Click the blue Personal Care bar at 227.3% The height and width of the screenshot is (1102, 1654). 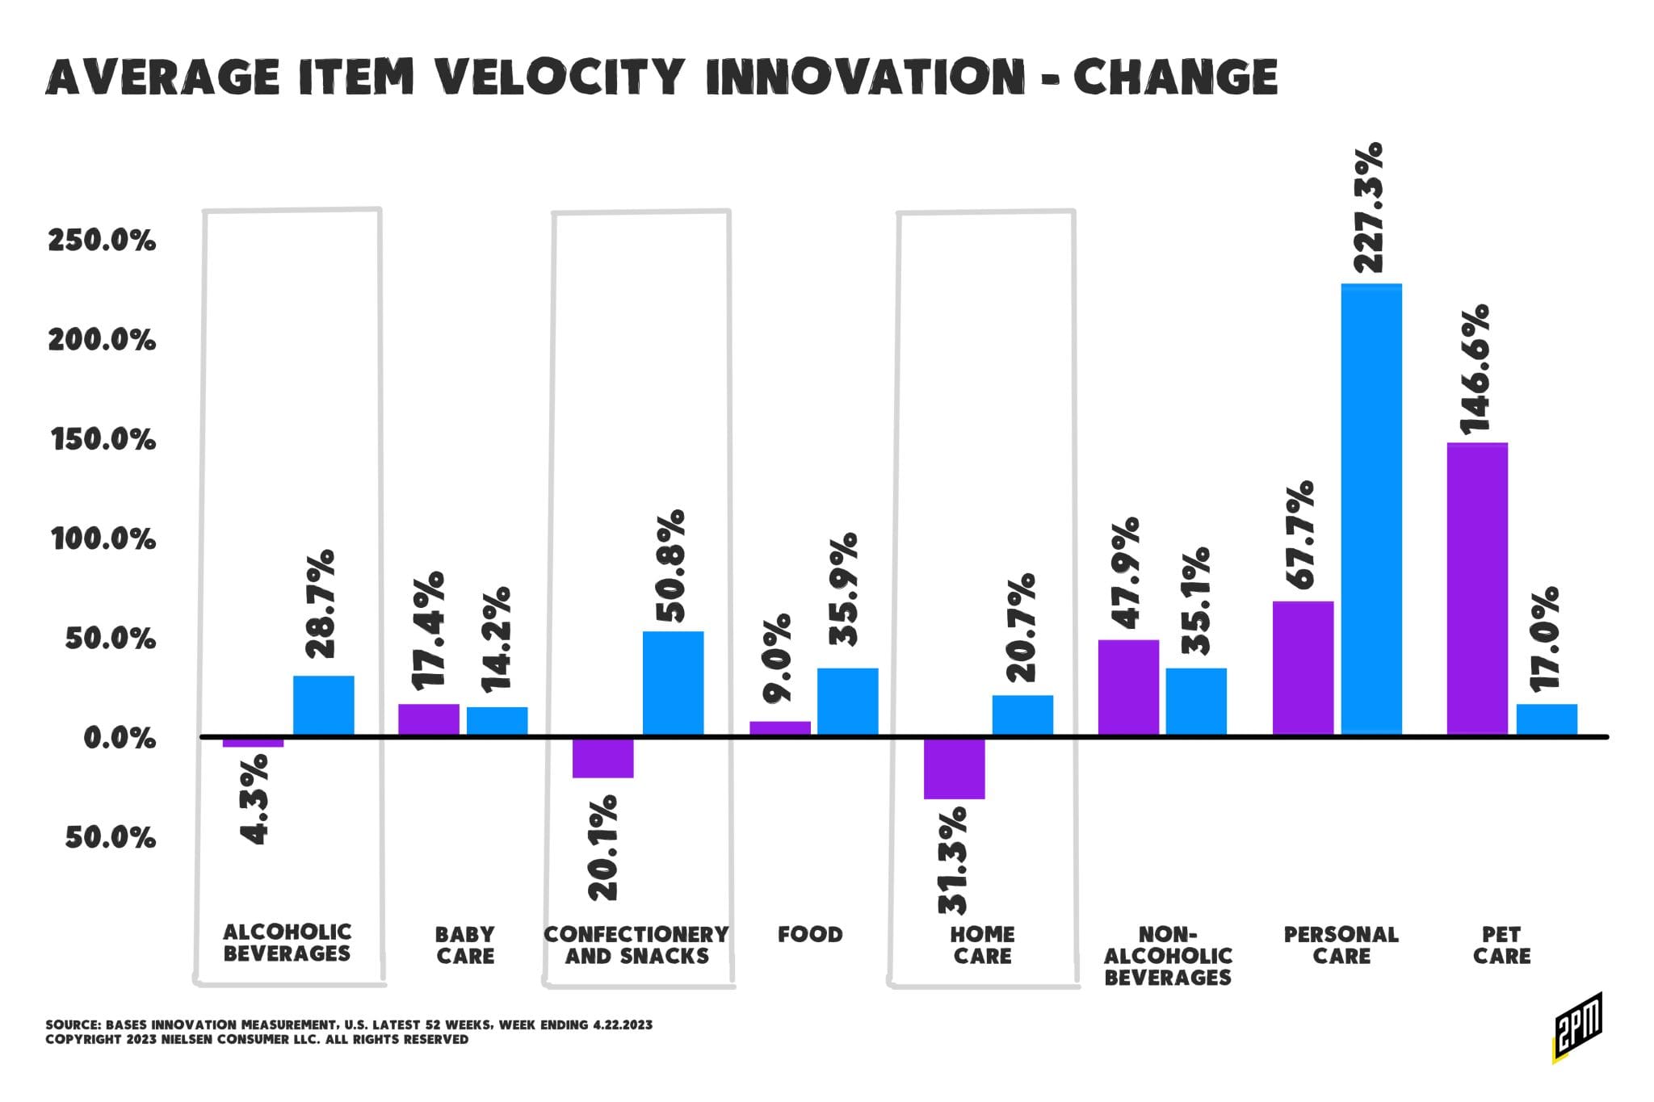(1371, 509)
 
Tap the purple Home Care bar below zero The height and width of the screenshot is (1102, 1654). (955, 768)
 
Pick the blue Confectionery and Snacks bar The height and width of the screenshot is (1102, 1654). (673, 683)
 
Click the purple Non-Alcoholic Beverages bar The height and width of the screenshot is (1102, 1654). (1128, 687)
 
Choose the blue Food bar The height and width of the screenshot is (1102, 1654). (847, 701)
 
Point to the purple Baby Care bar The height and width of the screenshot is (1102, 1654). (429, 719)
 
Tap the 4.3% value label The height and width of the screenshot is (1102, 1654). (254, 800)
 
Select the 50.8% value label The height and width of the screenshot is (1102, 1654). (670, 566)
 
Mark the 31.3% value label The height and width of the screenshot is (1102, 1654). (952, 860)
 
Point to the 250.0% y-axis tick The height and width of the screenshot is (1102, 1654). (102, 241)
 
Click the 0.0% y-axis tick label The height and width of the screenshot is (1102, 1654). (120, 738)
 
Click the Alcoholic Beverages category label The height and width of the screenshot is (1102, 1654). (287, 943)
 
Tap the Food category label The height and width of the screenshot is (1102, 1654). (810, 935)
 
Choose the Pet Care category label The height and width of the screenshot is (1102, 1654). (1501, 945)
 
